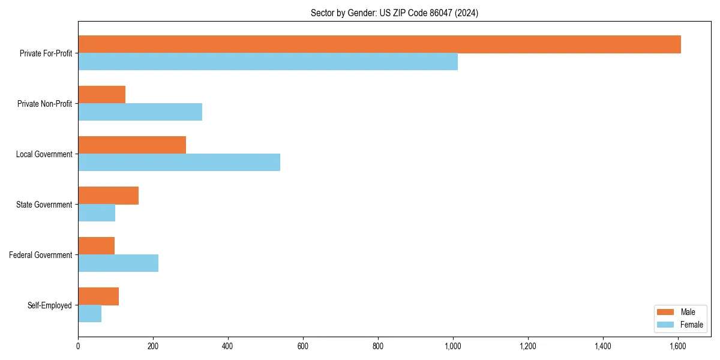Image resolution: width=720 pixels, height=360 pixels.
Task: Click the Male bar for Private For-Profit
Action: tap(379, 44)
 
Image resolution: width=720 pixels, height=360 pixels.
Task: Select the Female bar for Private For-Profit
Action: tap(268, 62)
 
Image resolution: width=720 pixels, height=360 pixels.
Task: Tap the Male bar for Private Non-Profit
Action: tap(101, 95)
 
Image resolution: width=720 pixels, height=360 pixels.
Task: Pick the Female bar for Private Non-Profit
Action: tap(140, 112)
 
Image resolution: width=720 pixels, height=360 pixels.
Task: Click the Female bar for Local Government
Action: tap(179, 163)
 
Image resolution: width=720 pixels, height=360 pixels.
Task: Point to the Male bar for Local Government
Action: tap(132, 145)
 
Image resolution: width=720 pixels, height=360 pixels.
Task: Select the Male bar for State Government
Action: tap(108, 196)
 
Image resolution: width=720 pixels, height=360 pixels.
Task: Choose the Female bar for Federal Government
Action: tap(118, 263)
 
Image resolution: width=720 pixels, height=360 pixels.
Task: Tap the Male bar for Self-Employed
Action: tap(98, 296)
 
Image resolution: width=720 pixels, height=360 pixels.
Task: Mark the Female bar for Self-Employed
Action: tap(89, 314)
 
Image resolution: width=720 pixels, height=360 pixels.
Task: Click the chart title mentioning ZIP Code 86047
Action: tap(394, 13)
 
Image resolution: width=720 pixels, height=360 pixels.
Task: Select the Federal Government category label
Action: tap(41, 255)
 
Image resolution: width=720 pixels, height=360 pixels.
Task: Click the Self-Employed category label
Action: tap(50, 305)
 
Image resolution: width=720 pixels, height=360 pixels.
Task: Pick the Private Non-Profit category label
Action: tap(44, 104)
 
